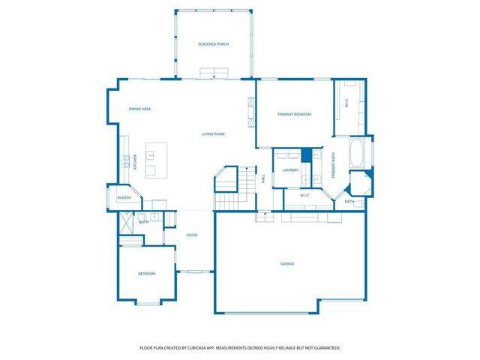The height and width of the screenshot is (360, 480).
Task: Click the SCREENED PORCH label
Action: (x=214, y=45)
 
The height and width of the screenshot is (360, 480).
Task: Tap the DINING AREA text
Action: (x=140, y=109)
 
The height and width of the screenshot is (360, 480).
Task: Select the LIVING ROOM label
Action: (x=214, y=134)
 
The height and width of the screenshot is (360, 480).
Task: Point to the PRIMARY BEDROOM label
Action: (x=294, y=114)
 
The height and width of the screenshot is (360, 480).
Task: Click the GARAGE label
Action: (x=287, y=264)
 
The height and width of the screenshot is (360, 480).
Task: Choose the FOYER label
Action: (x=192, y=235)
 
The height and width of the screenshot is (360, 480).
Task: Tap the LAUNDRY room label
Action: (x=290, y=170)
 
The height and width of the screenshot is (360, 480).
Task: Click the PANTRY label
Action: (x=124, y=198)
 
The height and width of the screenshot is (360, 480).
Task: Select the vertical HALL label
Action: (x=263, y=178)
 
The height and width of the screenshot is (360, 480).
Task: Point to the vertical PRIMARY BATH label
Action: (x=334, y=165)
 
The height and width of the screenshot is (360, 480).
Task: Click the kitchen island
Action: (x=156, y=159)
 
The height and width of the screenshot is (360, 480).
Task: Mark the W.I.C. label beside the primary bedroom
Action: (x=346, y=105)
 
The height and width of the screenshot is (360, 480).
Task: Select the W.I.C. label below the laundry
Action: (x=304, y=196)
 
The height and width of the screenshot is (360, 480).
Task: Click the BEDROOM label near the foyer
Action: (x=147, y=274)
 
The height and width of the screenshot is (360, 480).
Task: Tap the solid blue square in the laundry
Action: (x=306, y=155)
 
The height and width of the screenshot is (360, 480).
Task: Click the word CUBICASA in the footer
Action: (x=198, y=348)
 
